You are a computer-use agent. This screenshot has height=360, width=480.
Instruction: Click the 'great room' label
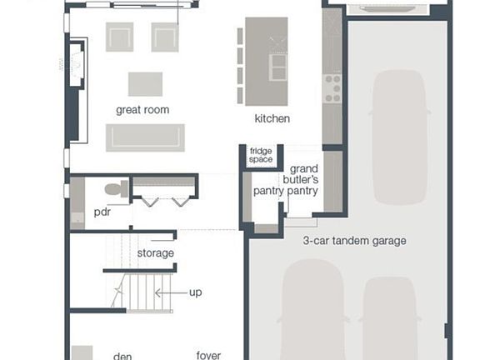(142, 110)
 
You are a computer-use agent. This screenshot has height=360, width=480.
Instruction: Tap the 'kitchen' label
(272, 119)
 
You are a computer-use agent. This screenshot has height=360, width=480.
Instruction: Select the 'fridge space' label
(261, 155)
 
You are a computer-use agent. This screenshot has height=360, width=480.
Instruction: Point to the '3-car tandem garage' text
(354, 242)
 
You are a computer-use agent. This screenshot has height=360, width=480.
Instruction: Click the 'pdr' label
(102, 212)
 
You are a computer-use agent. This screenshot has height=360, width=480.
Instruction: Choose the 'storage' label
(156, 253)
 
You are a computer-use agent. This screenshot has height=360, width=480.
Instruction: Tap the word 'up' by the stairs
(196, 292)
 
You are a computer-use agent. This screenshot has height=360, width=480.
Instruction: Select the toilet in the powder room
(118, 189)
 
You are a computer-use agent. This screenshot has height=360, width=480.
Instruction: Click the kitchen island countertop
(266, 62)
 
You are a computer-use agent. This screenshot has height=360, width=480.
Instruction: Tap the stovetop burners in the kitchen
(332, 83)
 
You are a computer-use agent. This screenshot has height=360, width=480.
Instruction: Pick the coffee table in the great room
(145, 83)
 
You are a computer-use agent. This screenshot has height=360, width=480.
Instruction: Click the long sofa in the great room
(145, 137)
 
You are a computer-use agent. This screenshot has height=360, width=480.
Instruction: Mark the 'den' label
(122, 356)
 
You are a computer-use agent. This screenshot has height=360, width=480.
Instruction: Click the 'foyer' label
(208, 356)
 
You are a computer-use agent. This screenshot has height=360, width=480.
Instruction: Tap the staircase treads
(138, 292)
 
